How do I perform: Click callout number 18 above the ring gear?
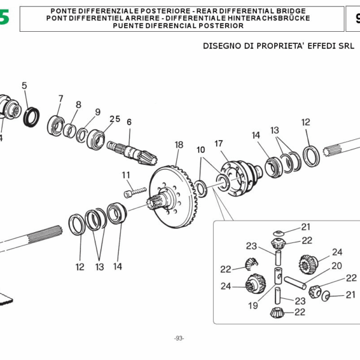[178, 145]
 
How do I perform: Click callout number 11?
[126, 175]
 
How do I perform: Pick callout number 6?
[128, 122]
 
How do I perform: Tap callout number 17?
[218, 143]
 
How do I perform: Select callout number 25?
[115, 119]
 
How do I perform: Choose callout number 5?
[25, 86]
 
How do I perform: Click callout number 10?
[200, 149]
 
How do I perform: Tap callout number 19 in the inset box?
[253, 305]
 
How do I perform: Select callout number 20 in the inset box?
[337, 265]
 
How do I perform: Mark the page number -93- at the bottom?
[179, 338]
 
